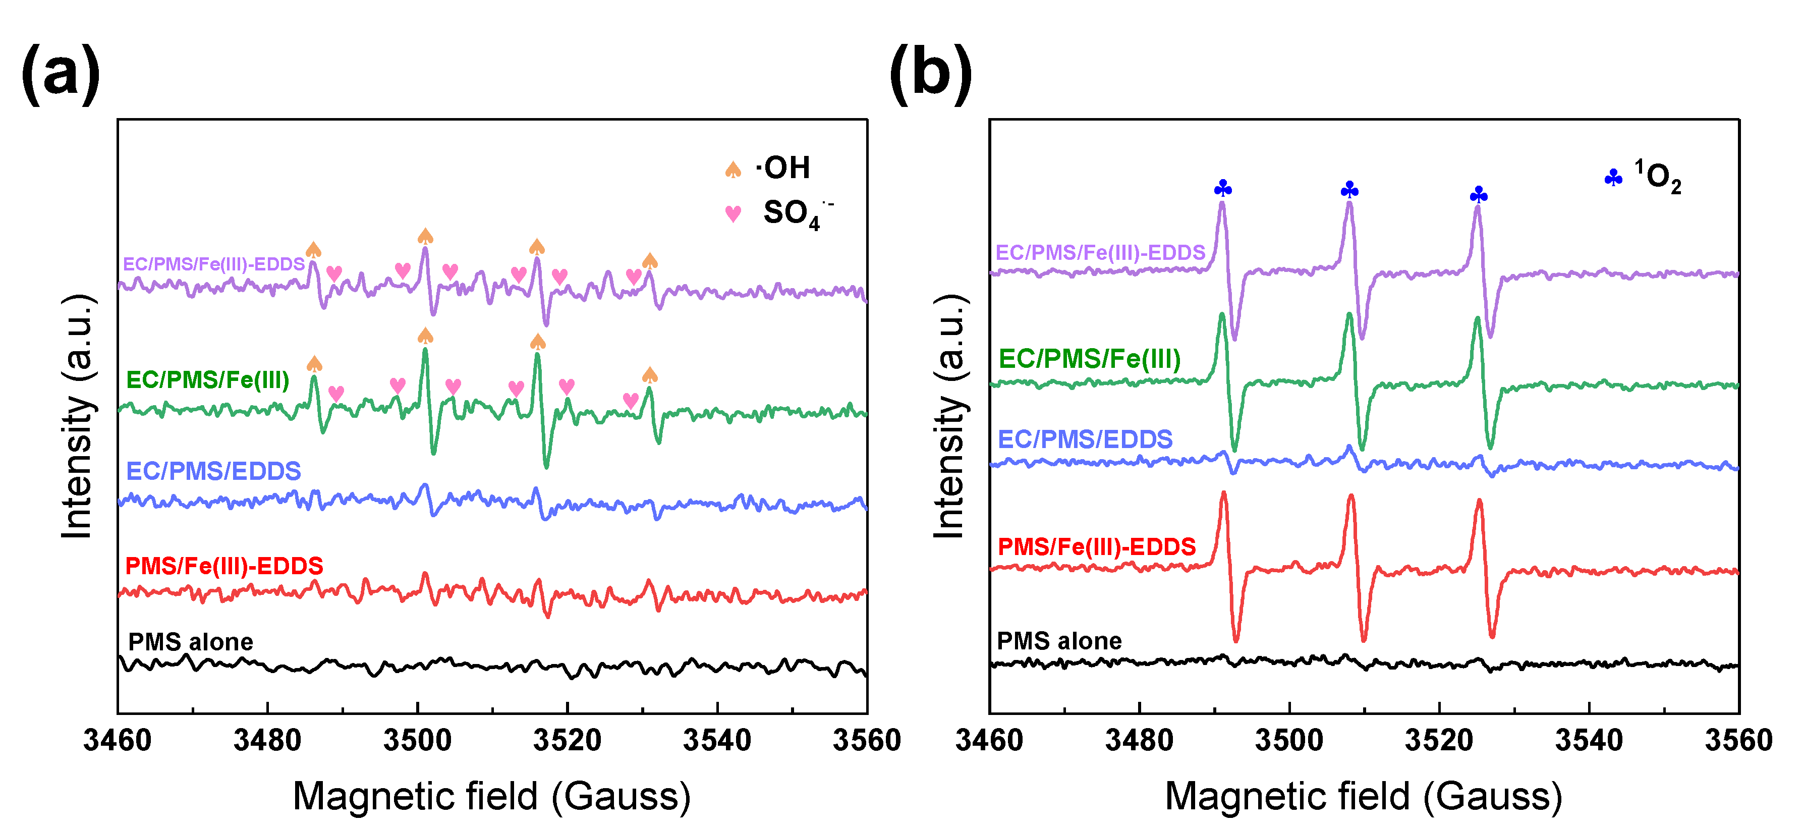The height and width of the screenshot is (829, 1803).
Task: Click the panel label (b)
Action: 931,74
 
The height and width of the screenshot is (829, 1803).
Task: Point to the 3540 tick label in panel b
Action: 1588,740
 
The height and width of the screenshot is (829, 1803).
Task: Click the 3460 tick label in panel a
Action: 117,740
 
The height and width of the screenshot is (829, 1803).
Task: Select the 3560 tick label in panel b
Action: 1738,740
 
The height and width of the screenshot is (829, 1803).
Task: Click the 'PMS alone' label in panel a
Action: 190,641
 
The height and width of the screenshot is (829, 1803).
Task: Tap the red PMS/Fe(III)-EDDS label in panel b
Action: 1096,546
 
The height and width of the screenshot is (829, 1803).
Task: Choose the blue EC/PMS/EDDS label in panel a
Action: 213,471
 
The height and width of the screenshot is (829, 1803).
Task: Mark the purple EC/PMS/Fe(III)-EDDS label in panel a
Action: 213,264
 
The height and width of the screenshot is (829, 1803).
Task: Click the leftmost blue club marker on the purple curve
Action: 1223,188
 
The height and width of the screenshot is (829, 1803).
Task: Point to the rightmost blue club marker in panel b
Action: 1478,194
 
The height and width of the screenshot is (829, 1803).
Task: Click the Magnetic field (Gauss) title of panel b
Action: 1363,796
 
